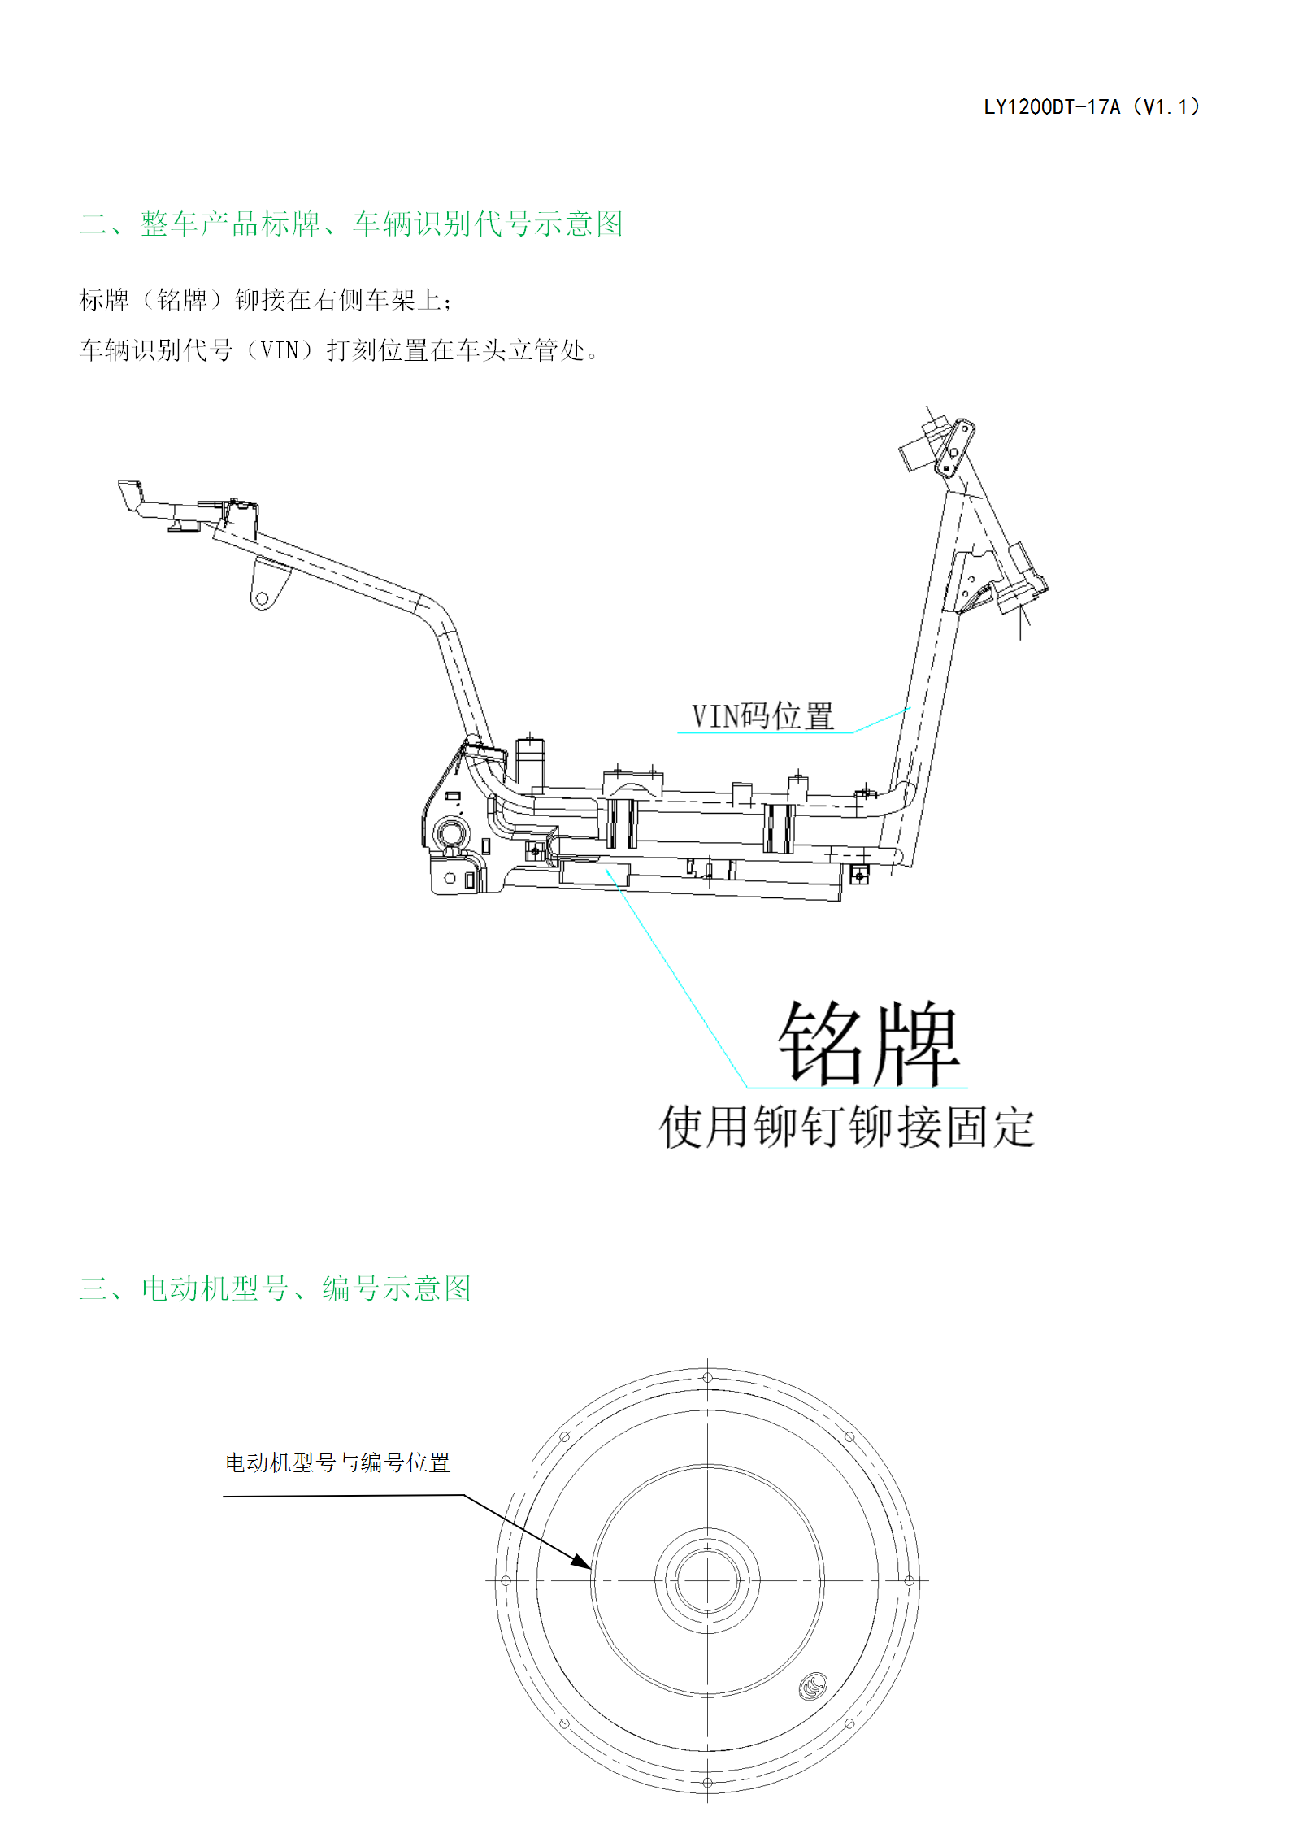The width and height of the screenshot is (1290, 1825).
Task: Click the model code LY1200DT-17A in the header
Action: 1052,107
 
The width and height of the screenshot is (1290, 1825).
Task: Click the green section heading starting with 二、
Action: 351,224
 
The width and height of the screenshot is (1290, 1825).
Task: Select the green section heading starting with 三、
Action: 276,1288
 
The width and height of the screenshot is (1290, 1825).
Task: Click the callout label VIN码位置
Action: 762,716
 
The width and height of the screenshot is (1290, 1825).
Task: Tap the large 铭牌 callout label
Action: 869,1043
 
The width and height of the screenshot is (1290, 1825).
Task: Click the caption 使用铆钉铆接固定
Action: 847,1127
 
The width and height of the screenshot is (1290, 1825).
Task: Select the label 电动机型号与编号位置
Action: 337,1463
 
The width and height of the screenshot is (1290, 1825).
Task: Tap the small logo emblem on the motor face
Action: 813,1686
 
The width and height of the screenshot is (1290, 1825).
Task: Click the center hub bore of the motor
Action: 707,1581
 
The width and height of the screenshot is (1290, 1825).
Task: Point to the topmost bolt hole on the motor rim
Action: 707,1378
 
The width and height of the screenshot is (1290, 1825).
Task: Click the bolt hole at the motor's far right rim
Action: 910,1580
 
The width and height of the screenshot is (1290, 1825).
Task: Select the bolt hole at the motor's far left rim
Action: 506,1581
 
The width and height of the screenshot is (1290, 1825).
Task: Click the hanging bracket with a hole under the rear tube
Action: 267,584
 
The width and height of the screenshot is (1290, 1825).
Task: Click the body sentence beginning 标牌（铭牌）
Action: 266,300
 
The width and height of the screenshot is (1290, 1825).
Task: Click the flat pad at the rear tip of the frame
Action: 131,495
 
